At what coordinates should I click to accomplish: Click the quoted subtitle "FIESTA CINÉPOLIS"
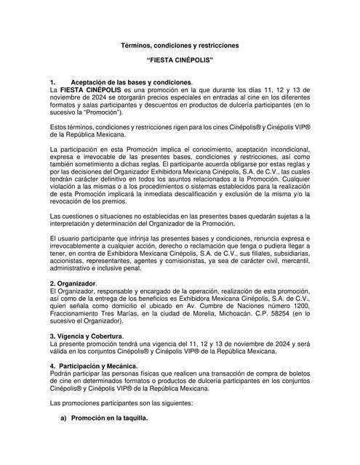(x=180, y=64)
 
